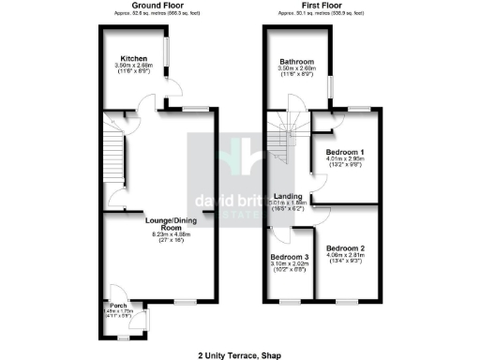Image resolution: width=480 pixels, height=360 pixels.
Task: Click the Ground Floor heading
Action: (155, 6)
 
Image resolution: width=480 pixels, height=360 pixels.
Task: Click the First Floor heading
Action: (321, 6)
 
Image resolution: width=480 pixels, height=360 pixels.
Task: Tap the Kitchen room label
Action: (132, 58)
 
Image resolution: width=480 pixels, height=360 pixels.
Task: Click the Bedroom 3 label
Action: (290, 257)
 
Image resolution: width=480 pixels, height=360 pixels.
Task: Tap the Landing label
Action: (287, 196)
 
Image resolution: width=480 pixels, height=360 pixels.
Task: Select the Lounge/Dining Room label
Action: (157, 223)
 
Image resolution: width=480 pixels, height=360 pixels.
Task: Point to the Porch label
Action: (119, 304)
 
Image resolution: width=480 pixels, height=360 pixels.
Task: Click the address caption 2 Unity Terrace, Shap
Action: (239, 354)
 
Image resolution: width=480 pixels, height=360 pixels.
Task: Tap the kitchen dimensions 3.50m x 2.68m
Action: (132, 66)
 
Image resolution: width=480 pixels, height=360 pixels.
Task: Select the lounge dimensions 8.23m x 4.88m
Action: (157, 237)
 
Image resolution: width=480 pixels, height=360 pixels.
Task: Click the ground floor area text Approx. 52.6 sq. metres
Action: (155, 14)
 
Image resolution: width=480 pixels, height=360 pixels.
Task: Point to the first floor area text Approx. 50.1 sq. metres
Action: (321, 14)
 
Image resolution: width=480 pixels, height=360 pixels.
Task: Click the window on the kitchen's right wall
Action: (166, 52)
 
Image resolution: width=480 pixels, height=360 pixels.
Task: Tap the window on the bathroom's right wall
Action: (329, 90)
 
